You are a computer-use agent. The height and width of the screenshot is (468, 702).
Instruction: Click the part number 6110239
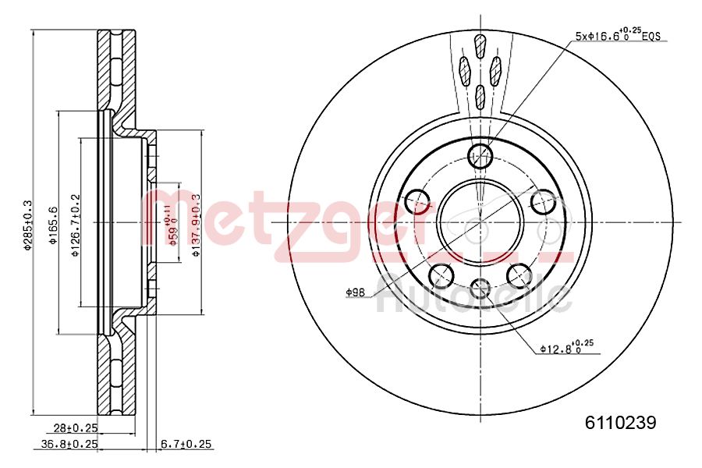point(621,423)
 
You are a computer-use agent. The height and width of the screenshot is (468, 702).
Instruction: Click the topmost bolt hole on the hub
point(480,154)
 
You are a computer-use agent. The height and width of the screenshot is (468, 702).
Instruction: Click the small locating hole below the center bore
point(480,287)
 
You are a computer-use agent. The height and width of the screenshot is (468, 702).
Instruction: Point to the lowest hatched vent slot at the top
point(480,96)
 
